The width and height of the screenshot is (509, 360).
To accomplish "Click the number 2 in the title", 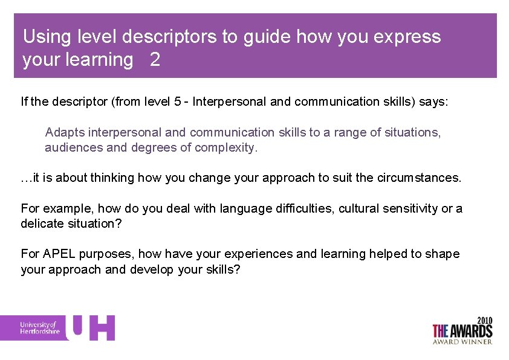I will click(155, 60).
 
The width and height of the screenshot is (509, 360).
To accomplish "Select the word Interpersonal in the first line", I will click(230, 101).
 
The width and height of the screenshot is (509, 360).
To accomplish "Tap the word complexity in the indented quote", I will click(226, 147).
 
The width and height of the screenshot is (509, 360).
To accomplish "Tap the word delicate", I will click(42, 224).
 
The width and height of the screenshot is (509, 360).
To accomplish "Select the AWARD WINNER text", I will click(462, 341).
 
